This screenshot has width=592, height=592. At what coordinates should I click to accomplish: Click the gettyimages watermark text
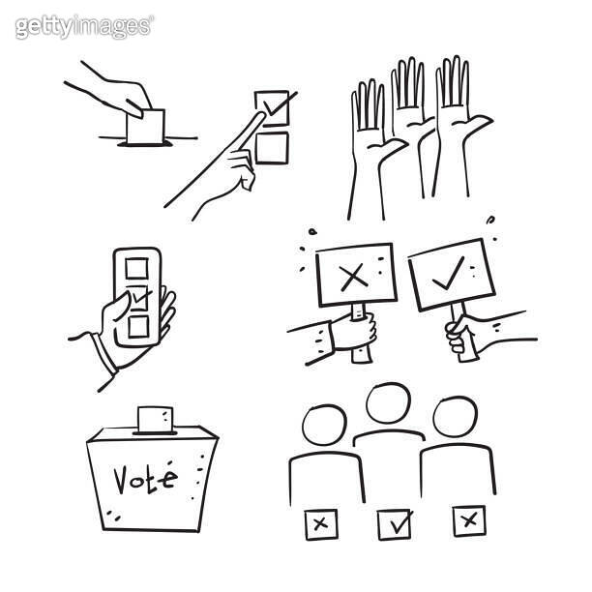point(83,26)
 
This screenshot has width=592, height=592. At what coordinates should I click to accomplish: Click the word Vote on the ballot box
point(145,478)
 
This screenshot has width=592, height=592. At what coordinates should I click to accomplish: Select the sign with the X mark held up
point(355,276)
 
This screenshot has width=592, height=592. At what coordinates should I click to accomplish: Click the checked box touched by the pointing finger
point(272,105)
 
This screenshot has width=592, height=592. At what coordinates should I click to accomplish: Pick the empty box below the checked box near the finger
point(272,147)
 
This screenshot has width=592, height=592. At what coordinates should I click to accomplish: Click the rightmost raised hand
point(453,97)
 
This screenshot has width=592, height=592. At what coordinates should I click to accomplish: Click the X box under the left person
point(320,524)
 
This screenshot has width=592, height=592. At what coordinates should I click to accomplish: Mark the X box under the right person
point(469,521)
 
